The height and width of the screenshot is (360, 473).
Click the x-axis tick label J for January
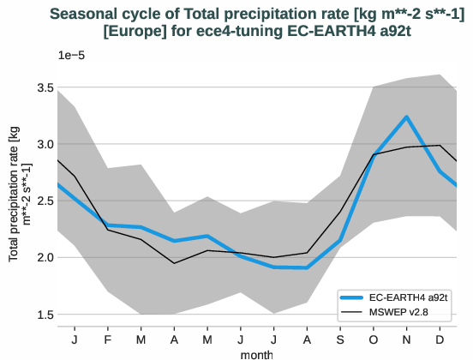75,340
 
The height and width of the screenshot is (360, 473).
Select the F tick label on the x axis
108,340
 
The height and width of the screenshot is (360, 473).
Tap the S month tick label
340,340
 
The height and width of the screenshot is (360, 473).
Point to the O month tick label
374,340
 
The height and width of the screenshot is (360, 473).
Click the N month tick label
407,340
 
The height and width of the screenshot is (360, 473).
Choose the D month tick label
440,340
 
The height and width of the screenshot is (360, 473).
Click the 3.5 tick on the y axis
45,87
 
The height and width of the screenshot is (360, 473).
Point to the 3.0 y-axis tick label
45,144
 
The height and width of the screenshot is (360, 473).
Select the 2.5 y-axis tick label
45,201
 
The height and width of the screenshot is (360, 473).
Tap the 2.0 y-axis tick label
45,257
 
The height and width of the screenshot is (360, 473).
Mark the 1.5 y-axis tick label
45,314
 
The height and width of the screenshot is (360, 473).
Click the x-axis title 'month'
257,353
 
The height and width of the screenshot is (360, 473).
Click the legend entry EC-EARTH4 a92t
404,297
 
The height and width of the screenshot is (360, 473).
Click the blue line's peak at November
407,117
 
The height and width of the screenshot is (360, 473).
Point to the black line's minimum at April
174,263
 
